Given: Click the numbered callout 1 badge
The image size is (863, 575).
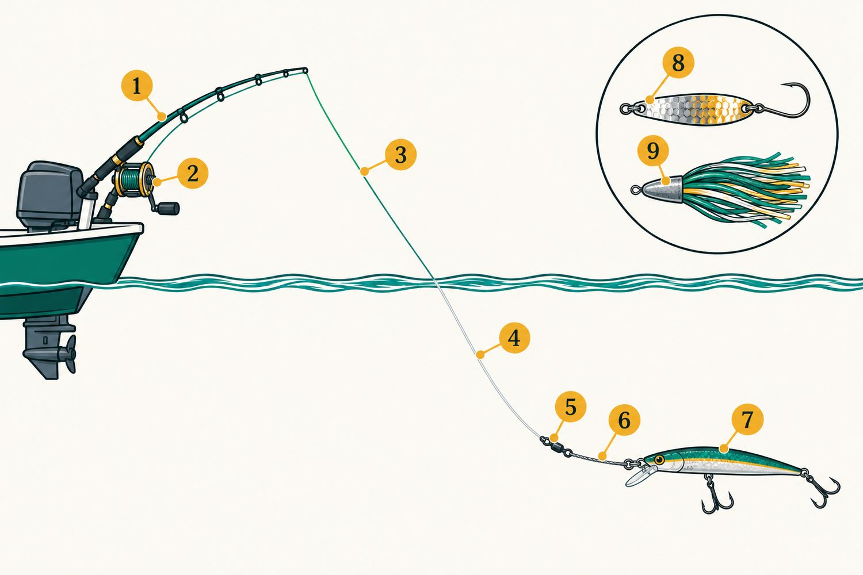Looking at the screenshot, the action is click(x=137, y=86).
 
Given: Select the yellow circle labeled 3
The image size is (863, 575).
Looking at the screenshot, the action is click(x=400, y=155).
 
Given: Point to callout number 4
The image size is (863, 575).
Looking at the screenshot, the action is click(x=514, y=339).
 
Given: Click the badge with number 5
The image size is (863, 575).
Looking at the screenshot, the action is click(x=571, y=407).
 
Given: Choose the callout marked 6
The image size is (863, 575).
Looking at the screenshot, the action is click(x=624, y=420).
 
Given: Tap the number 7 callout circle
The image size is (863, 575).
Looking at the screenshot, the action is click(x=747, y=419).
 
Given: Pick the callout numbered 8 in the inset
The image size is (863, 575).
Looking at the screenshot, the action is click(x=678, y=63).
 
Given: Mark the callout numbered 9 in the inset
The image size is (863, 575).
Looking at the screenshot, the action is click(x=653, y=151).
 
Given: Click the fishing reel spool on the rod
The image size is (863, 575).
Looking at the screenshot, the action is click(x=133, y=178).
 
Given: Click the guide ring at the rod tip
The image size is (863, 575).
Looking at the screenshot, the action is click(x=305, y=71).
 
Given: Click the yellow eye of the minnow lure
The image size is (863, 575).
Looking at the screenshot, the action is click(x=659, y=459).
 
